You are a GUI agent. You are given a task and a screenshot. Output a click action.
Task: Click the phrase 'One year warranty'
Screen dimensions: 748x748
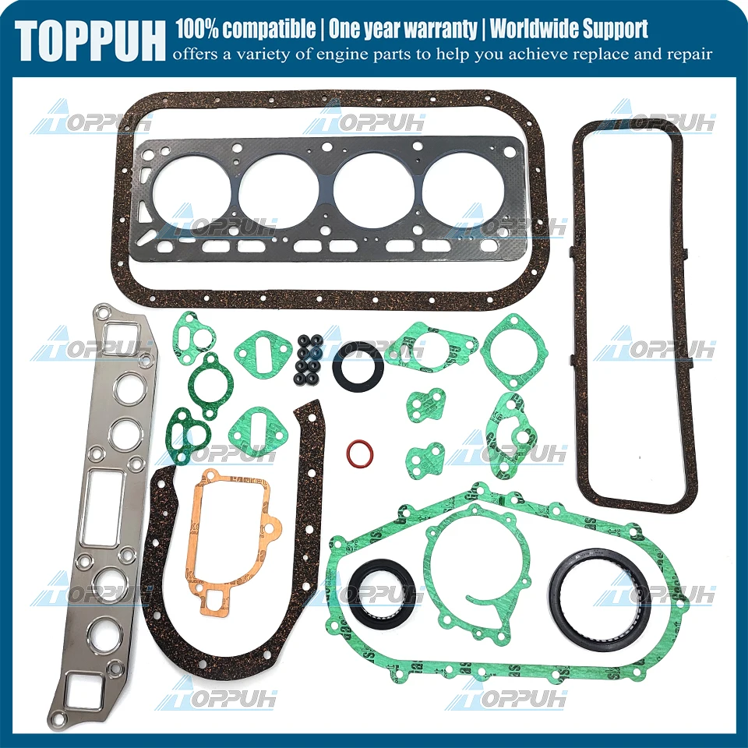pyautogui.click(x=402, y=30)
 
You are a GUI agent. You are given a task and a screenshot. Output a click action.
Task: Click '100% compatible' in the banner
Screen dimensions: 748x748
pyautogui.click(x=246, y=30)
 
